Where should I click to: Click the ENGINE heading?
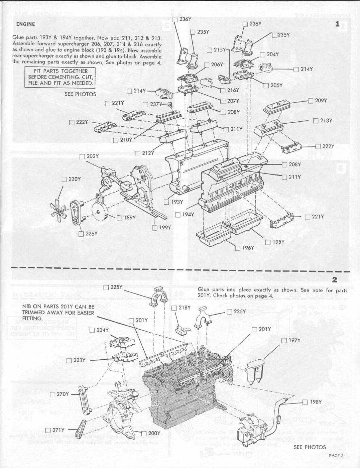pyautogui.click(x=25, y=24)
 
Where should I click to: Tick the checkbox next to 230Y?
pyautogui.click(x=65, y=179)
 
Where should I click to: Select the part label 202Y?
pyautogui.click(x=93, y=156)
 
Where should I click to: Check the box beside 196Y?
pyautogui.click(x=238, y=248)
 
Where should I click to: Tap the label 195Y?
pyautogui.click(x=278, y=242)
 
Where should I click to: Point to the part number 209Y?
pyautogui.click(x=321, y=101)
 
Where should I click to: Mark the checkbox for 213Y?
pyautogui.click(x=316, y=121)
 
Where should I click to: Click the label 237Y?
pyautogui.click(x=156, y=104)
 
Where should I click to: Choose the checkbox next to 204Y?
pyautogui.click(x=262, y=54)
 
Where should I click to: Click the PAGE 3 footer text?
pyautogui.click(x=336, y=456)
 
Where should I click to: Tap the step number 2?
pyautogui.click(x=335, y=279)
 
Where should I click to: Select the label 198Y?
pyautogui.click(x=316, y=402)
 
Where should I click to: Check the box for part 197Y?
pyautogui.click(x=284, y=341)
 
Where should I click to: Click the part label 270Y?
pyautogui.click(x=63, y=394)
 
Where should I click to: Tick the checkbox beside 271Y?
pyautogui.click(x=48, y=430)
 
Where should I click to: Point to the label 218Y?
pyautogui.click(x=184, y=308)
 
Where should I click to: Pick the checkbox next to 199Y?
pyautogui.click(x=155, y=228)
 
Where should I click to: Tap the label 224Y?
pyautogui.click(x=103, y=330)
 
